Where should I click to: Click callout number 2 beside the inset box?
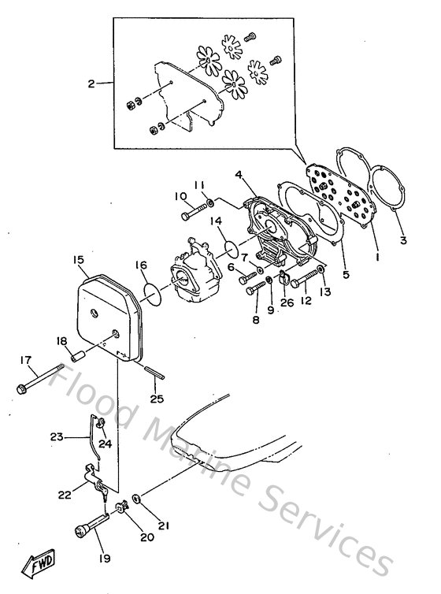point(91,84)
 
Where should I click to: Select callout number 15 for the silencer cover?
point(79,259)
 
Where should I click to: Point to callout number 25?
point(157,399)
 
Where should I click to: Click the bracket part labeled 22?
point(93,479)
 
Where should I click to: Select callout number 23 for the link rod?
point(56,436)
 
